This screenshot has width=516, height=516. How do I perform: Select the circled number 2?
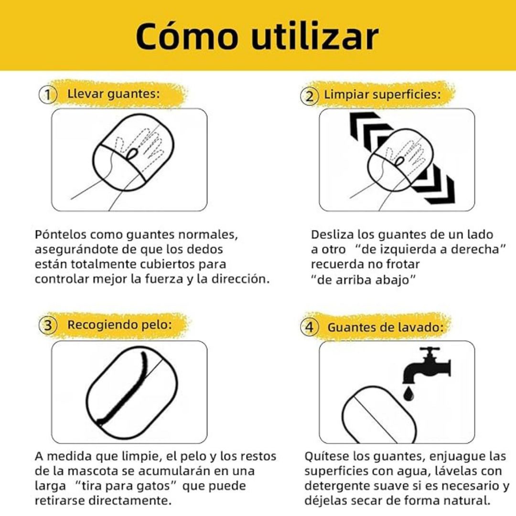tap(310, 96)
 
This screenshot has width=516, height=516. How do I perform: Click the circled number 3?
tap(48, 326)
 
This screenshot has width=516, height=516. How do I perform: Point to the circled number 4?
tap(310, 328)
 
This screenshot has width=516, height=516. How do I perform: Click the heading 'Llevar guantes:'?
tap(114, 94)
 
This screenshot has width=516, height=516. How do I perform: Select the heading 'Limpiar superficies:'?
tap(382, 95)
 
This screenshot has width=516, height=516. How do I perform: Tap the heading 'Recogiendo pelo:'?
tap(119, 325)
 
